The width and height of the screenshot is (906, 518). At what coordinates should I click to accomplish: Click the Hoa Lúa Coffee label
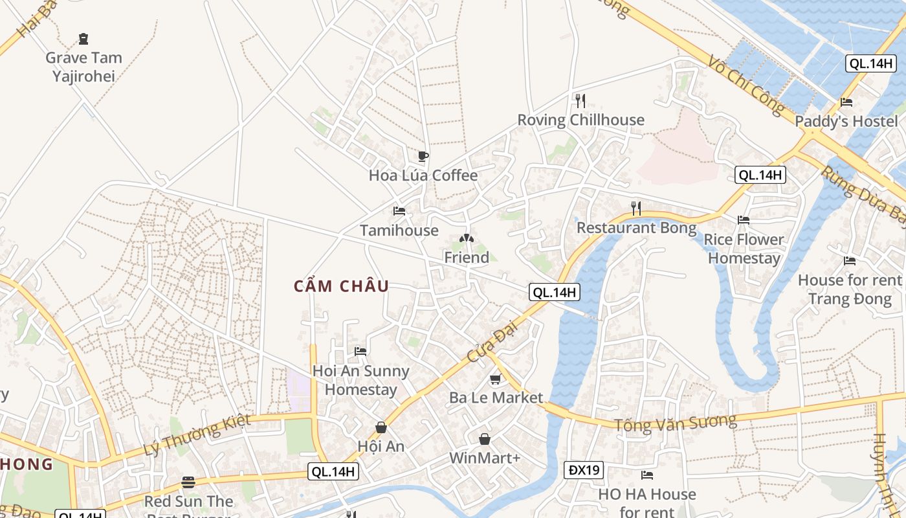423,175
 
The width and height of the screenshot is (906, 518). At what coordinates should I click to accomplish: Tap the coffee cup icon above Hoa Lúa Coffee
423,156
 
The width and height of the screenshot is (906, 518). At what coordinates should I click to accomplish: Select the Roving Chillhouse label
580,120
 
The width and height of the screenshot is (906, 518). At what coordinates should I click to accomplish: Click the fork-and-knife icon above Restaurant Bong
636,208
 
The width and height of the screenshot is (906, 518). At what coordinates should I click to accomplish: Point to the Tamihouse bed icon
399,211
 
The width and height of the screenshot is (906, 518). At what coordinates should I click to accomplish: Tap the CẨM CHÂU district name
342,286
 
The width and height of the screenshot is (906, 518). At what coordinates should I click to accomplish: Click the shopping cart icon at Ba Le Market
496,379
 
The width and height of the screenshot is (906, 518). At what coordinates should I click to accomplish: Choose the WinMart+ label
485,458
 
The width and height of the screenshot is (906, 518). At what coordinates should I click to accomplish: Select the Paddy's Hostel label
846,121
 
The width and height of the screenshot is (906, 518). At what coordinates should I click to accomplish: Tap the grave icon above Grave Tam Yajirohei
83,39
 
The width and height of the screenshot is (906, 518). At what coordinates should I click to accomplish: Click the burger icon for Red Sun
188,482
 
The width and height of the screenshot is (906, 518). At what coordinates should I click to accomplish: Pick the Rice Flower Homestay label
744,249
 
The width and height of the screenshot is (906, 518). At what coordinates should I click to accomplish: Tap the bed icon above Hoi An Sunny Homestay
360,352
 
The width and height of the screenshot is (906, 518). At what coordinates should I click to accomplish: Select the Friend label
467,257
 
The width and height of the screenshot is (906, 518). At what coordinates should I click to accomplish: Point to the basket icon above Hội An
381,427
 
